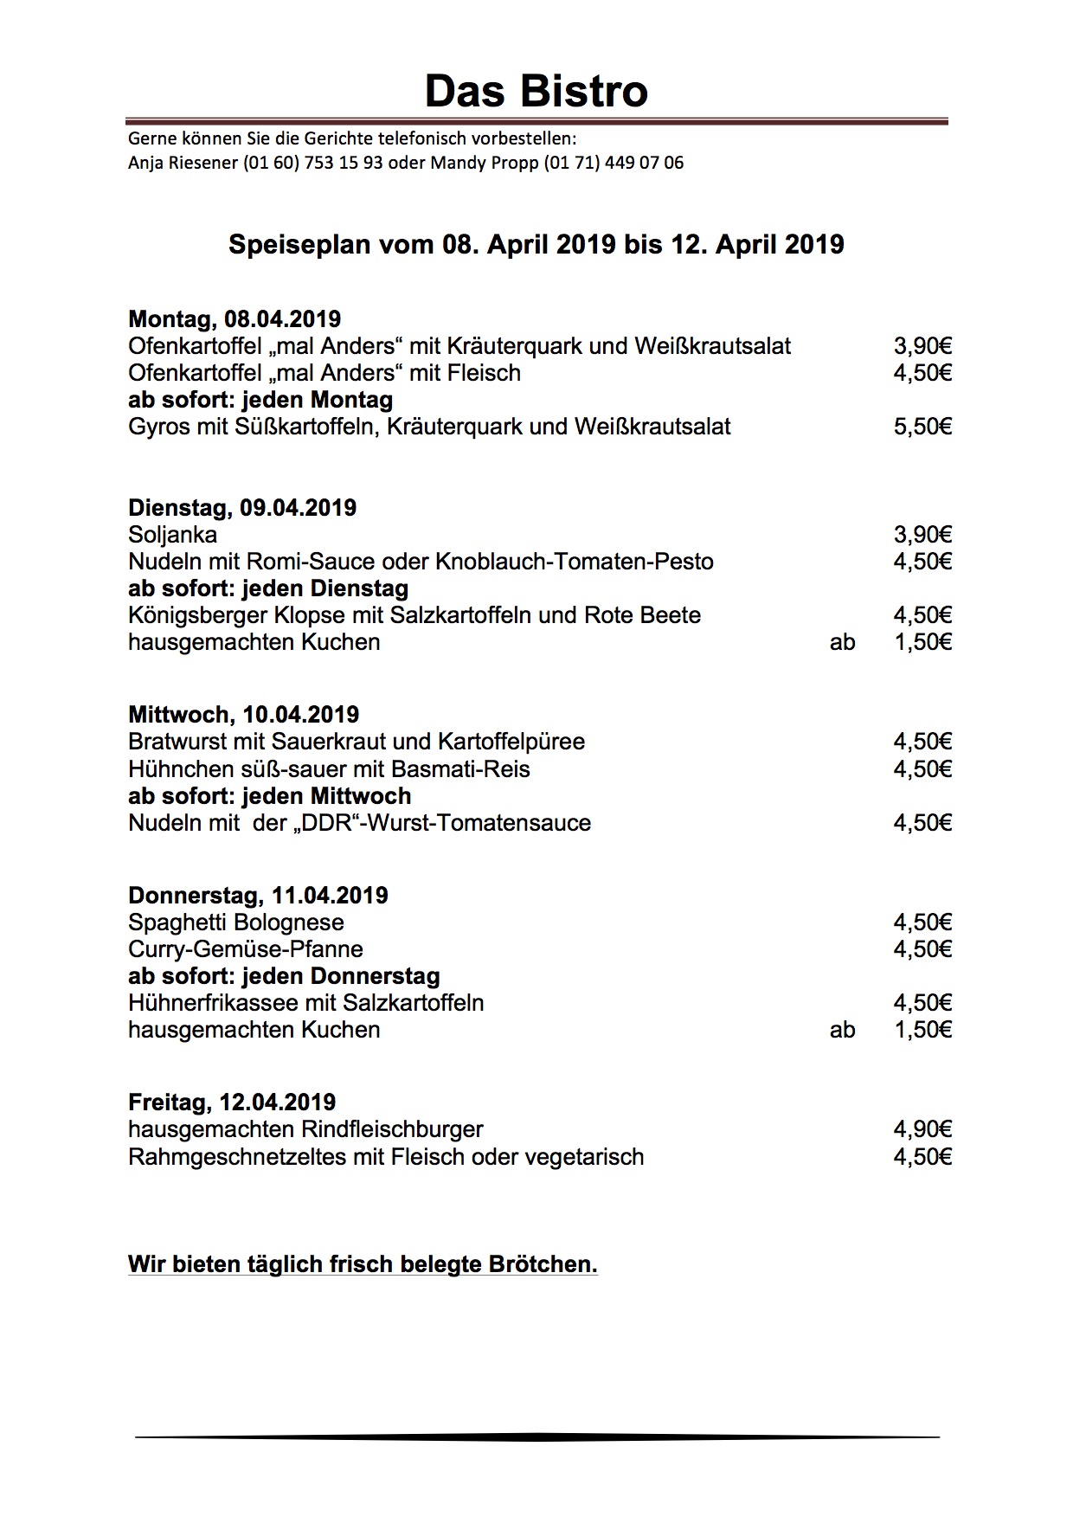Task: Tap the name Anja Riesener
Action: (183, 163)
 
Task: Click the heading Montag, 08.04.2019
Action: (235, 319)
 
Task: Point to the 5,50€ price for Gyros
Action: (922, 427)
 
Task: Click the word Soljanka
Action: (172, 535)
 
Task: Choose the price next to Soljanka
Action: (922, 535)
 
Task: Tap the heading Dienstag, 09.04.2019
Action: (242, 508)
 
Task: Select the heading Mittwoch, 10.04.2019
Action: (243, 715)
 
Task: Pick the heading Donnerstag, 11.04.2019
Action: (258, 896)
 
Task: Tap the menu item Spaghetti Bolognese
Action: (235, 922)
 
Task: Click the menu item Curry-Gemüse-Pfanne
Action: (245, 949)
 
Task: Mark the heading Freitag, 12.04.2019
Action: (231, 1102)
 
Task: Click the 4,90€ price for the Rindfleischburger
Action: (922, 1129)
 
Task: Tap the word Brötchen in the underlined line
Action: (543, 1264)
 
